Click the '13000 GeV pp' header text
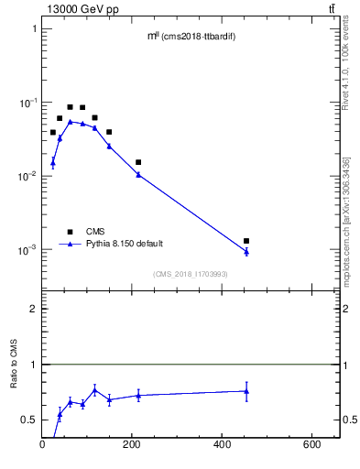pyautogui.click(x=78, y=9)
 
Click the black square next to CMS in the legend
pyautogui.click(x=70, y=231)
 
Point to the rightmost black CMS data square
pyautogui.click(x=246, y=241)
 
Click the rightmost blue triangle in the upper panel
pyautogui.click(x=246, y=251)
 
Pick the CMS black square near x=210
pyautogui.click(x=138, y=162)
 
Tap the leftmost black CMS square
pyautogui.click(x=53, y=132)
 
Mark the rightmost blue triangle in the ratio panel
pyautogui.click(x=246, y=391)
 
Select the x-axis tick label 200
pyautogui.click(x=132, y=445)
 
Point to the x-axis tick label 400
pyautogui.click(x=222, y=445)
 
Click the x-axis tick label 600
pyautogui.click(x=311, y=445)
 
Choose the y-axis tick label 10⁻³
pyautogui.click(x=27, y=250)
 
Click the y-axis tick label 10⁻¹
pyautogui.click(x=27, y=103)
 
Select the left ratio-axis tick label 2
pyautogui.click(x=33, y=310)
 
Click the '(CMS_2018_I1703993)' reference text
pyautogui.click(x=191, y=274)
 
